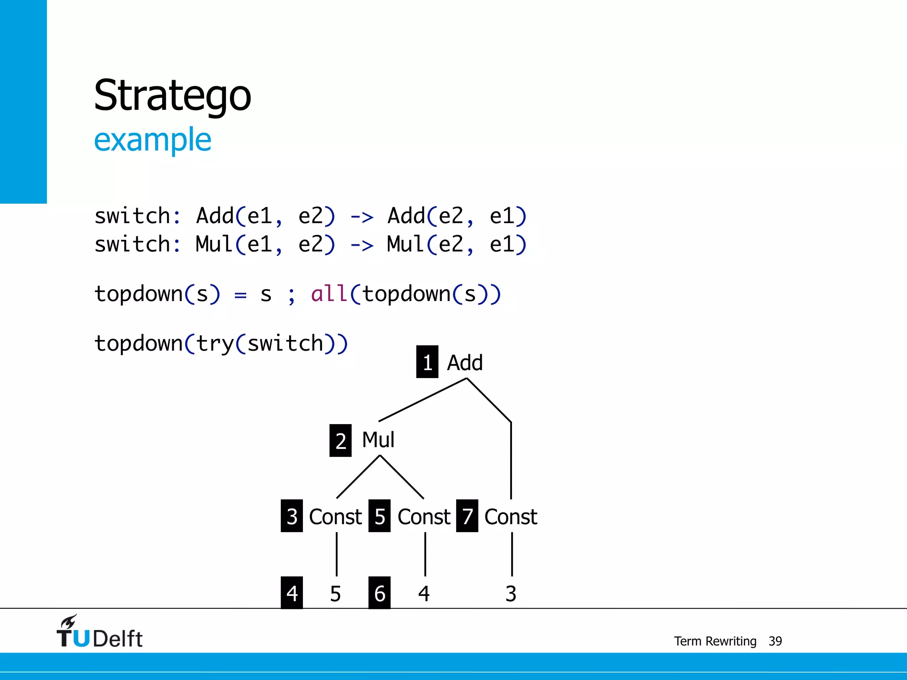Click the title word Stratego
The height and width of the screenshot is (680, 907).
click(172, 96)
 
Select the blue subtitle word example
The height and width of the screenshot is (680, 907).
click(152, 140)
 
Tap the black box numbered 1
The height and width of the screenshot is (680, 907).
click(427, 362)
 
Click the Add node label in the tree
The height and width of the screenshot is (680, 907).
click(465, 363)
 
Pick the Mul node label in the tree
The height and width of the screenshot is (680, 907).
click(378, 440)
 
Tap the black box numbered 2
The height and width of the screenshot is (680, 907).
click(340, 440)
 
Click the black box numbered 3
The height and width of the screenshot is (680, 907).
click(291, 516)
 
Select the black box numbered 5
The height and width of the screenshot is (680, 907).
click(379, 516)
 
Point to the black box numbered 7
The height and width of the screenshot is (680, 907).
click(467, 516)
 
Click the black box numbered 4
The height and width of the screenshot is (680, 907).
click(291, 593)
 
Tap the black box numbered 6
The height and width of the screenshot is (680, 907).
click(379, 593)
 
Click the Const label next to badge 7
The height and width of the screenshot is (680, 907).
click(510, 517)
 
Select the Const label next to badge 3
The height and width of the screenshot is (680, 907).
click(335, 517)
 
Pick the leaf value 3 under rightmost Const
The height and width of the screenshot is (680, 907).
click(511, 594)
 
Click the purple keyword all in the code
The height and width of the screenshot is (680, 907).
click(329, 294)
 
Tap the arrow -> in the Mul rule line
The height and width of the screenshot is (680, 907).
click(362, 245)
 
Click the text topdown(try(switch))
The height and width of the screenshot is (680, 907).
click(221, 344)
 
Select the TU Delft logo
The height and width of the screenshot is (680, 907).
click(99, 632)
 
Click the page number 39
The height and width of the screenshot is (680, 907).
click(775, 641)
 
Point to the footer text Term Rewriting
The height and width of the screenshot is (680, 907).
click(715, 641)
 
